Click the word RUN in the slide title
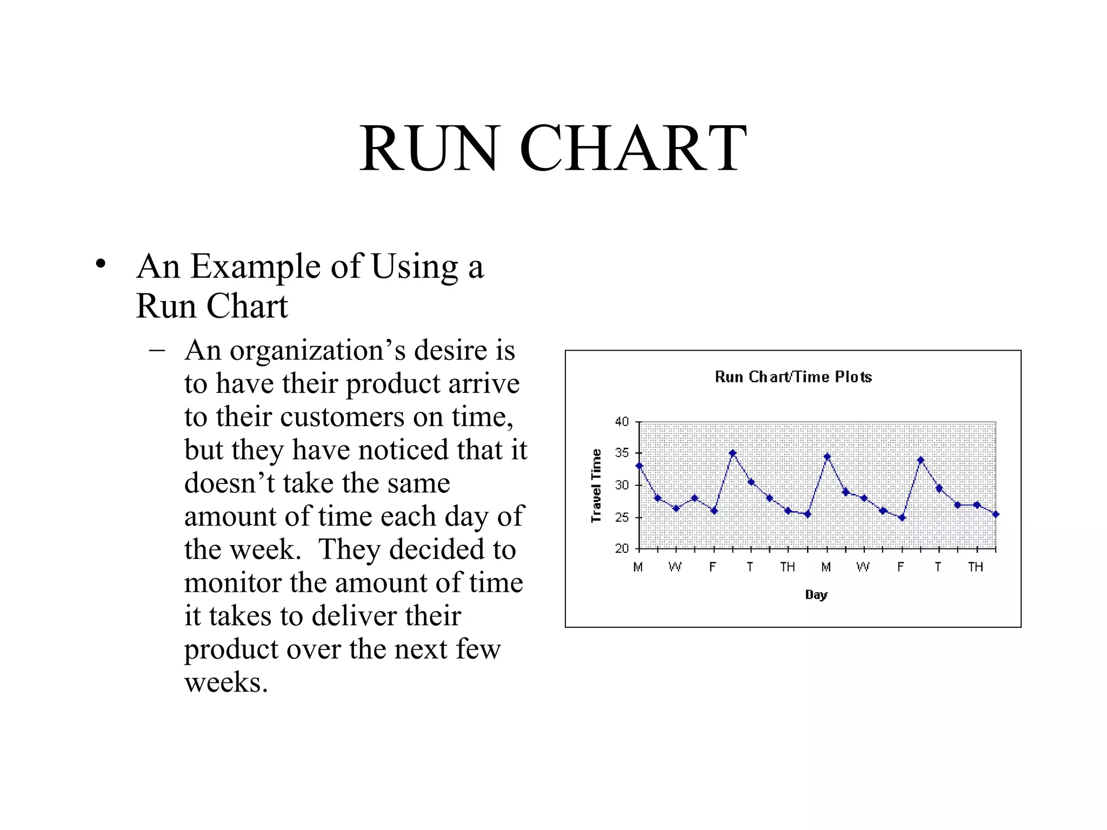tap(429, 148)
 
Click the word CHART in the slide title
tap(633, 148)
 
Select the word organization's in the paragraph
tap(318, 351)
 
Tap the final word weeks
tap(226, 682)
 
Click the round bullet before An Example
tap(101, 264)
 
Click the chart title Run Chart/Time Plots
tap(793, 377)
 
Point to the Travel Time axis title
tap(596, 485)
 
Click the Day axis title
tap(816, 594)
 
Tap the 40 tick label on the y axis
tap(622, 421)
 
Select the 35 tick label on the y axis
tap(622, 453)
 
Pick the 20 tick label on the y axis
tap(622, 548)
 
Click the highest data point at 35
tap(733, 453)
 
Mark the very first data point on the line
tap(639, 466)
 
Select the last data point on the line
tap(996, 514)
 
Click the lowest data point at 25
tap(902, 518)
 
